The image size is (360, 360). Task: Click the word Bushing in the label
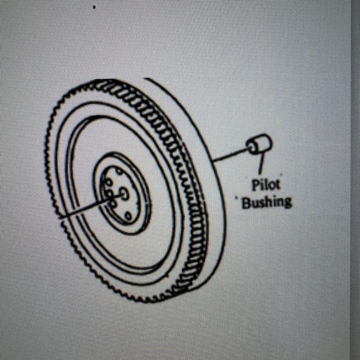coord(266,200)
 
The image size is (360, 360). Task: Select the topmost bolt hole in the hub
coord(119,172)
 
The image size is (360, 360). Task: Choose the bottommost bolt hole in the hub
coord(127,215)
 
